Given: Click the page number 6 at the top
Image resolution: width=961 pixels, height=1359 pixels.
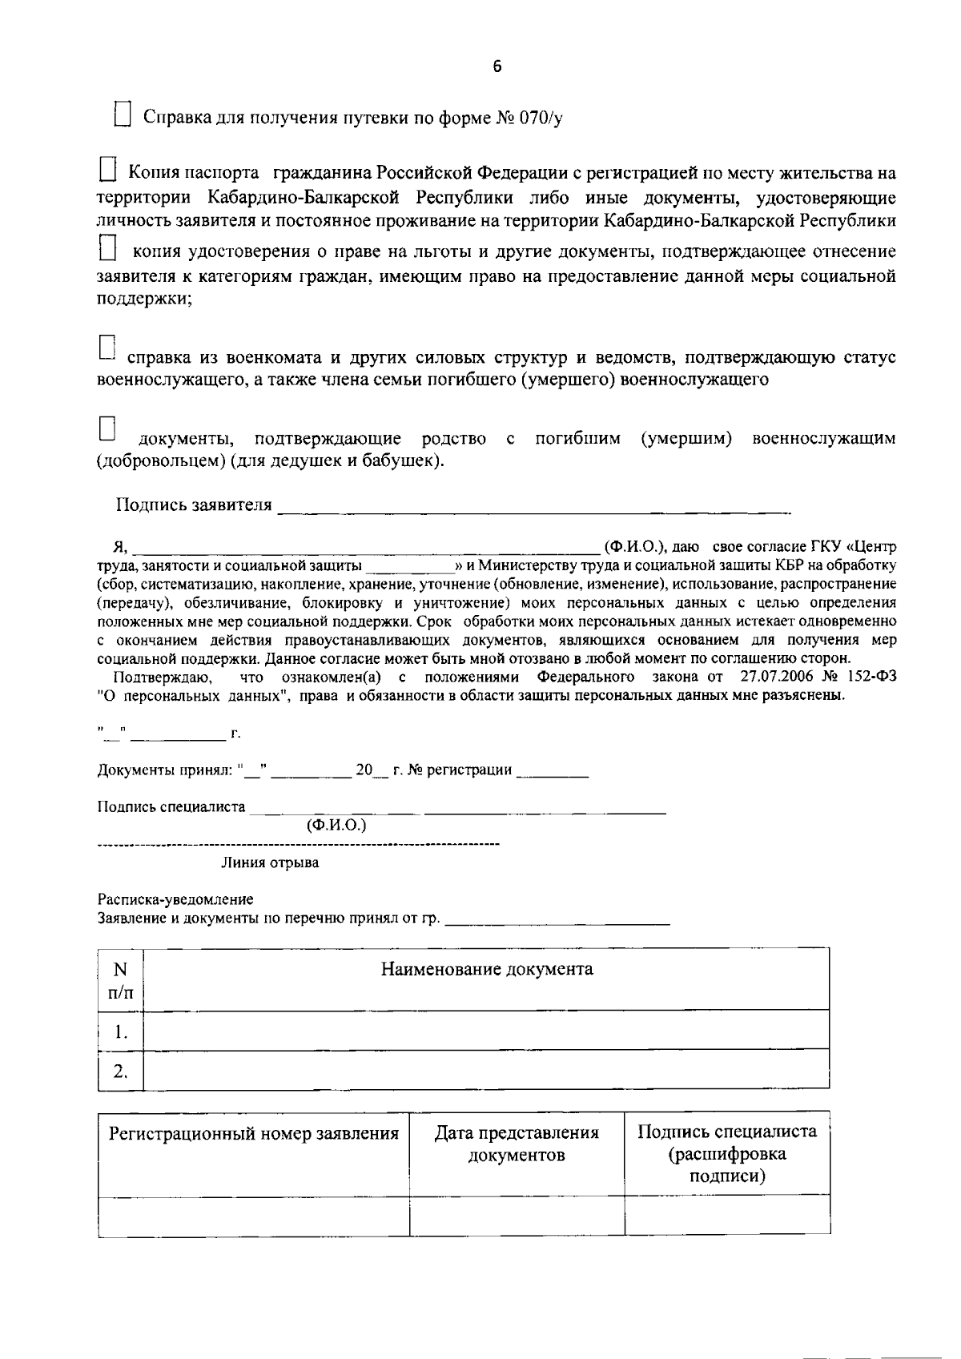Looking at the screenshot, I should [497, 67].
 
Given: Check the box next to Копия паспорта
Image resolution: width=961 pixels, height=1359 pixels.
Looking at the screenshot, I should [107, 171].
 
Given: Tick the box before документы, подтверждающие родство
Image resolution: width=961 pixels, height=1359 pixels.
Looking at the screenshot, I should [107, 429].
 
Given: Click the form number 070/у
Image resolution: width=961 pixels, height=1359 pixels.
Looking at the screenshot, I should [541, 119].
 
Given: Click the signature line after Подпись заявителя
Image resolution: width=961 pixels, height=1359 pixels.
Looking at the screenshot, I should [533, 506].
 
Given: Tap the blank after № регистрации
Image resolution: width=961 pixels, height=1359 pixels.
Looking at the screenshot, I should [553, 771].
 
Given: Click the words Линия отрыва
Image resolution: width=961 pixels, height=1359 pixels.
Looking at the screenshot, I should [270, 863].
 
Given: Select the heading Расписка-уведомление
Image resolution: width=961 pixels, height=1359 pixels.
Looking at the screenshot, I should [175, 900].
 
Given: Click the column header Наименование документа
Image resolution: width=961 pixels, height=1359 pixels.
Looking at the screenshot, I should [486, 970].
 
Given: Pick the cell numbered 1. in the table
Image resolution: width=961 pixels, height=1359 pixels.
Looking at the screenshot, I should [120, 1031].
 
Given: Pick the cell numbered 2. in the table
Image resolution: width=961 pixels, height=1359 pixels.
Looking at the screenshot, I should [120, 1071].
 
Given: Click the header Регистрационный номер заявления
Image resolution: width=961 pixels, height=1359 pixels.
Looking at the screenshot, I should [253, 1133].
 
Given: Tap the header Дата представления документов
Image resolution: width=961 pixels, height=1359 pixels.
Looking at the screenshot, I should [517, 1144].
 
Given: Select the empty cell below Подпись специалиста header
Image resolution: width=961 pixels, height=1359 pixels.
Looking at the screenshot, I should [726, 1216].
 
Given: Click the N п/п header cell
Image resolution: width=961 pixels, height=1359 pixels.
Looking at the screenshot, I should [120, 980].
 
